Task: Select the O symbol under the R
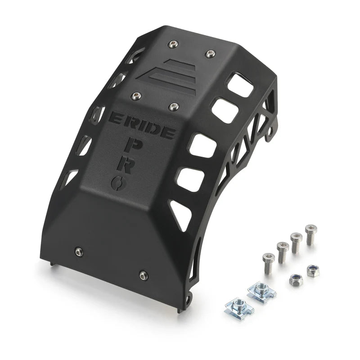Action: (x=117, y=182)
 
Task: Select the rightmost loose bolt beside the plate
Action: (x=310, y=233)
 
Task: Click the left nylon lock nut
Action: (x=296, y=280)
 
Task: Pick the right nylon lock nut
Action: (x=313, y=270)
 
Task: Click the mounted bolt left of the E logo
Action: (x=136, y=95)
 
